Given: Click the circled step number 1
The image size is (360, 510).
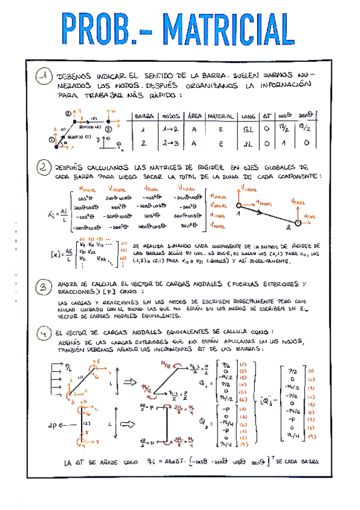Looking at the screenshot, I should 42,78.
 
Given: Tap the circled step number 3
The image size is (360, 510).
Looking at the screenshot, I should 42,287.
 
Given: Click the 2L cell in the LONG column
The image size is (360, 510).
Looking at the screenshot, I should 248,144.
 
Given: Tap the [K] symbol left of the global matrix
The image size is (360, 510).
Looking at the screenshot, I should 56,253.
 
